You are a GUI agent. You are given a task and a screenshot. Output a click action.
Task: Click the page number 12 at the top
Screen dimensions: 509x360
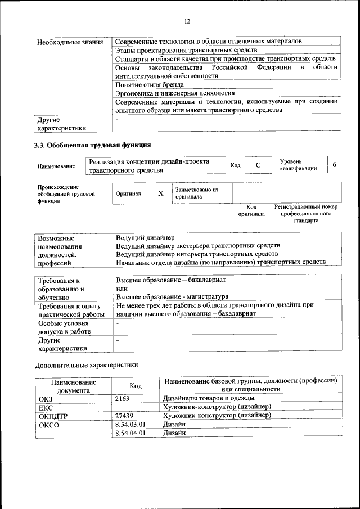coord(187,21)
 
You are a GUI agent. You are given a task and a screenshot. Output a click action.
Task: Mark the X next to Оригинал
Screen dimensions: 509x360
coord(160,193)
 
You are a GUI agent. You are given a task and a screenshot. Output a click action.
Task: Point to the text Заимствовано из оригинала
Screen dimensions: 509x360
coord(196,193)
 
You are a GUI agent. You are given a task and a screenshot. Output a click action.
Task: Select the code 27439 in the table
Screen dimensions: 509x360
coord(124,415)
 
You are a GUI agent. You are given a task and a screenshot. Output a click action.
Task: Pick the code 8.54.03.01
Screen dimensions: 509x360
coord(130,424)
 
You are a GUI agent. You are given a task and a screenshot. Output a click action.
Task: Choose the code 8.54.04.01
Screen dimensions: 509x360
coord(130,433)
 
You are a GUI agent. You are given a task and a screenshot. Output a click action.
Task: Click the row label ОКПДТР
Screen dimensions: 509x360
coord(53,416)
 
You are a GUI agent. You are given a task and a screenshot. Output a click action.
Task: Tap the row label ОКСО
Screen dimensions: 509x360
coord(48,424)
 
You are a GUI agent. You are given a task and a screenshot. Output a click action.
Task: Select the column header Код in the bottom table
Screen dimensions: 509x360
coord(136,385)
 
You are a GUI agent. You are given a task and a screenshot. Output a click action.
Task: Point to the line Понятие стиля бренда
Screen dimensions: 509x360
coord(150,84)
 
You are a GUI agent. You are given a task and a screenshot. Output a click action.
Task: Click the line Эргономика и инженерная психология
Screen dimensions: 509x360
coord(175,93)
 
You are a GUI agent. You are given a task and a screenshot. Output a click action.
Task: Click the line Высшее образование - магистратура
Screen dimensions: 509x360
coord(172,296)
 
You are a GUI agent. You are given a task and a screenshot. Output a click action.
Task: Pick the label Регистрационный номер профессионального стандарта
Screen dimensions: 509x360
coord(305,214)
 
